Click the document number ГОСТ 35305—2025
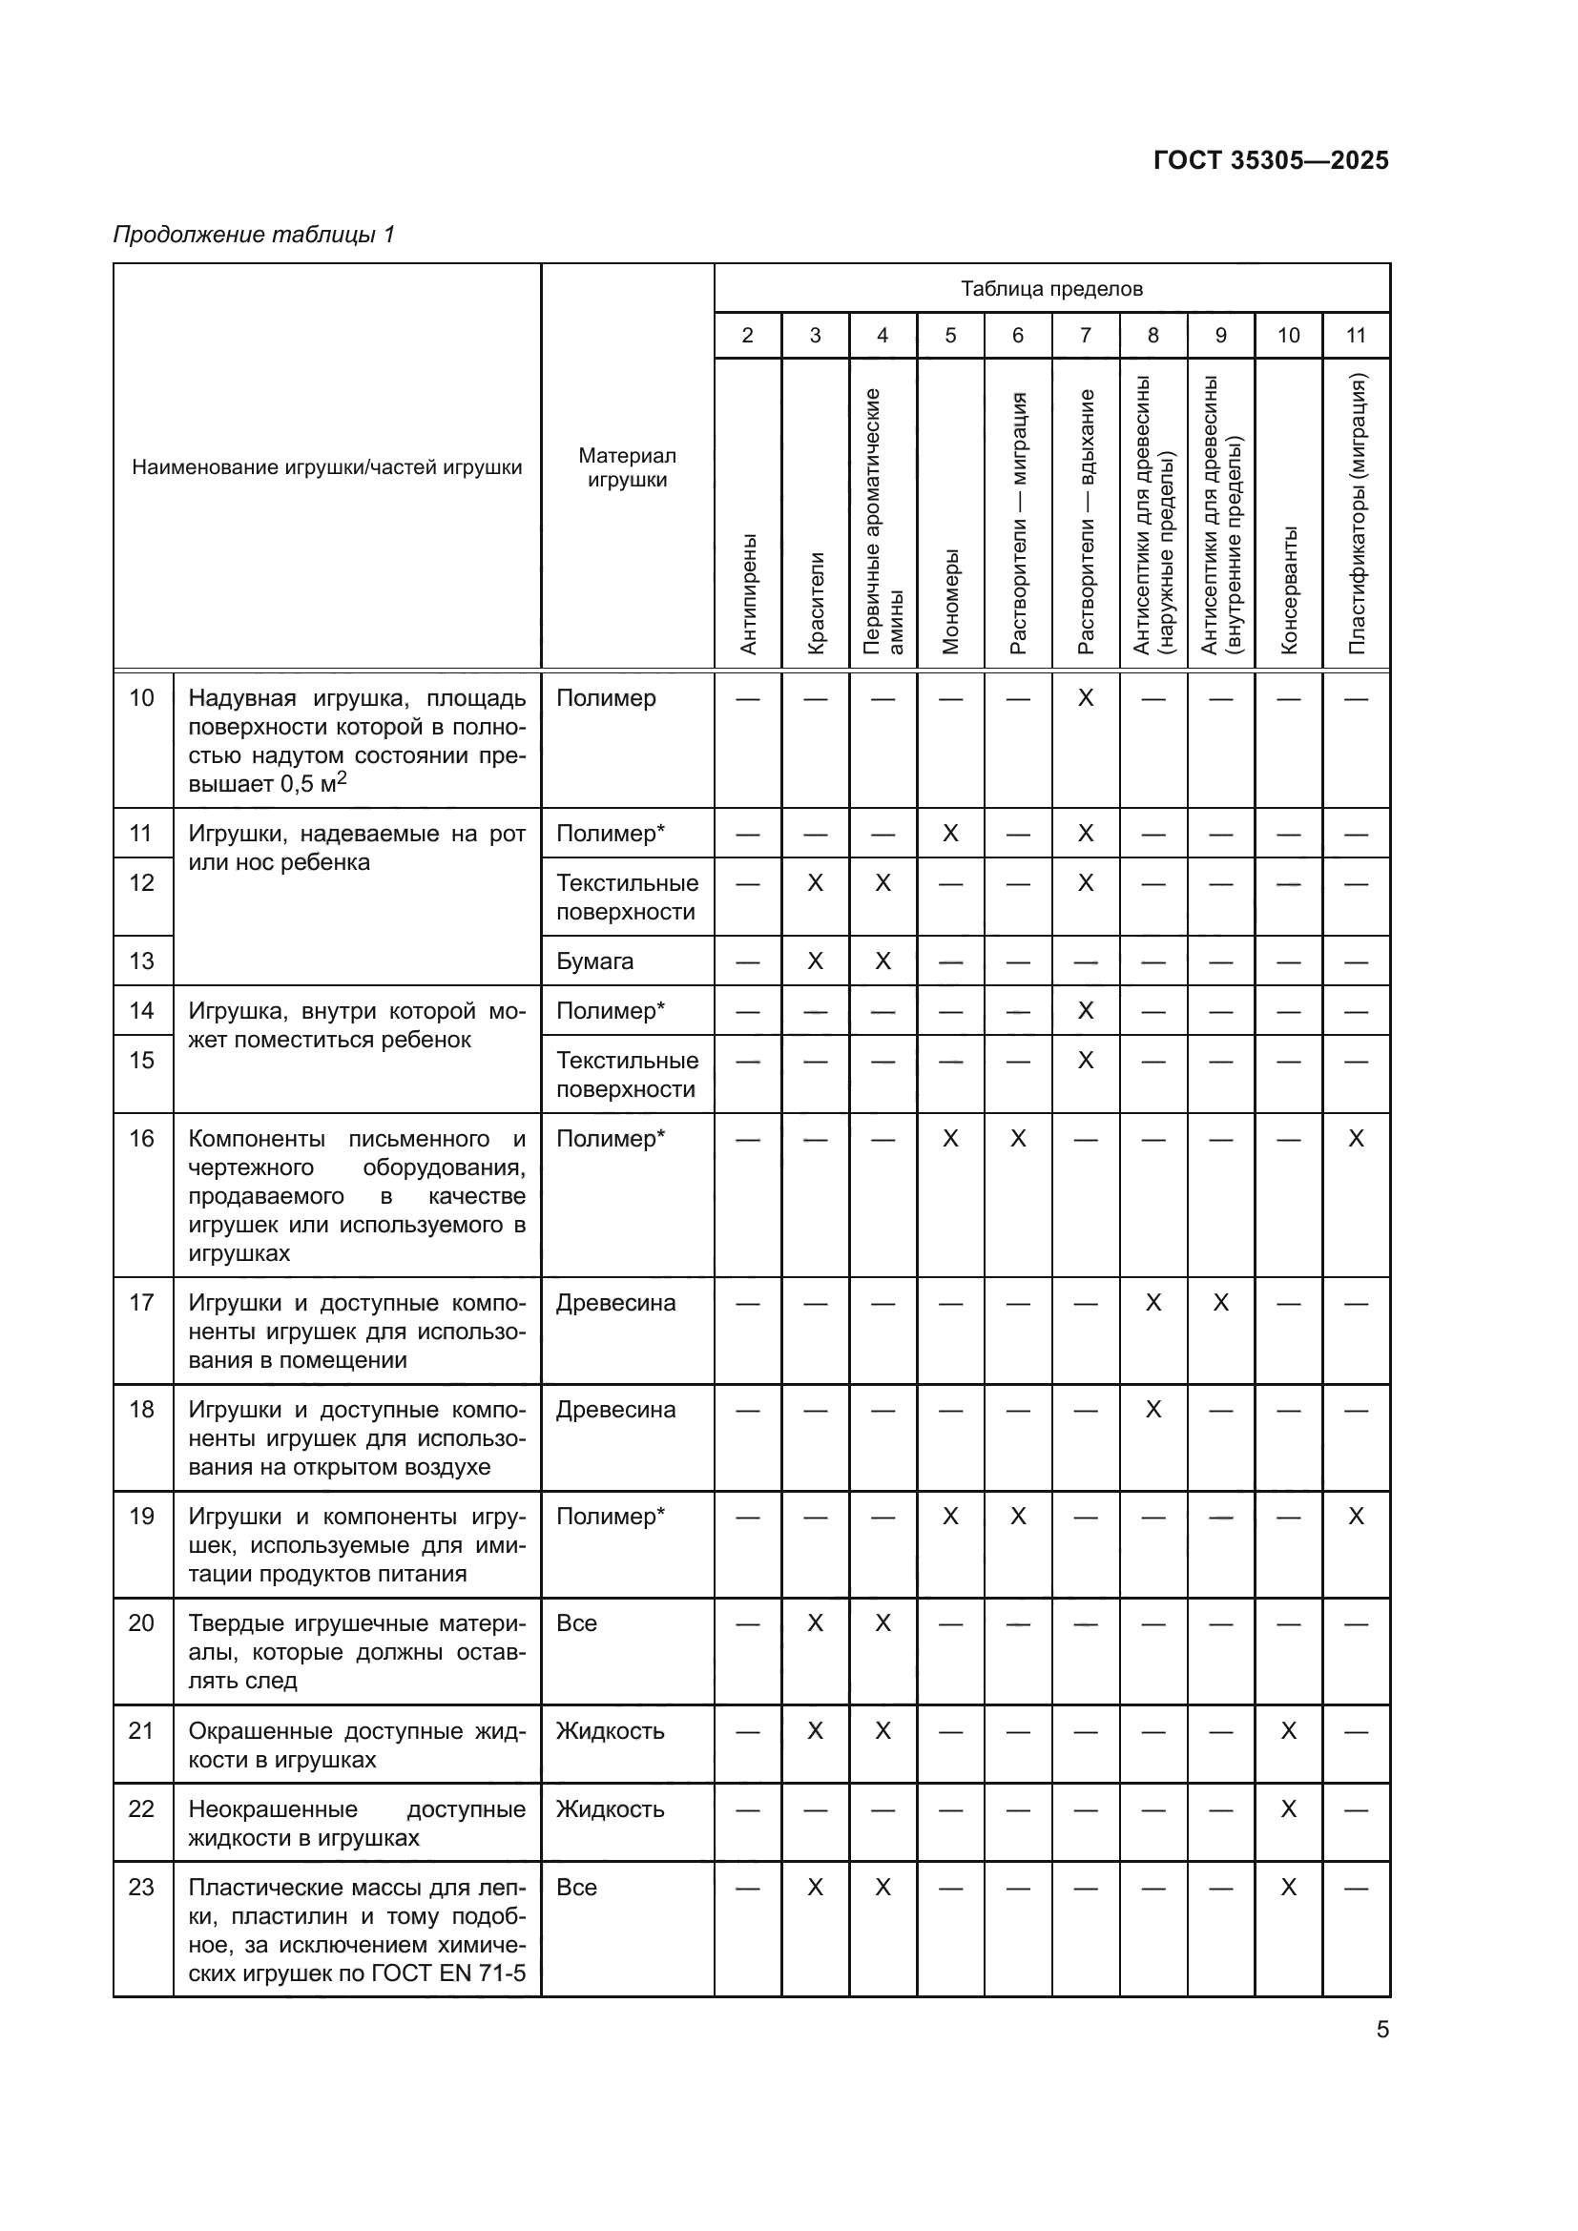pyautogui.click(x=1270, y=160)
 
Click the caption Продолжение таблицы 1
pyautogui.click(x=254, y=235)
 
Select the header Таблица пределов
pyautogui.click(x=1051, y=289)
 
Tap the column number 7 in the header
pyautogui.click(x=1086, y=335)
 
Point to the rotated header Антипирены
pyautogui.click(x=747, y=592)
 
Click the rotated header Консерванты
pyautogui.click(x=1288, y=589)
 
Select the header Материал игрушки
pyautogui.click(x=627, y=467)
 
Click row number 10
pyautogui.click(x=142, y=697)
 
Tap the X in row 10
pyautogui.click(x=1086, y=697)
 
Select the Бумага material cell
pyautogui.click(x=594, y=961)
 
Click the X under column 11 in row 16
pyautogui.click(x=1357, y=1138)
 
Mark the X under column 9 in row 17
pyautogui.click(x=1220, y=1302)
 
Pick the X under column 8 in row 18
pyautogui.click(x=1153, y=1409)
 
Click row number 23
pyautogui.click(x=142, y=1887)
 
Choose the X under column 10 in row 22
pyautogui.click(x=1288, y=1808)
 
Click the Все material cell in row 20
pyautogui.click(x=576, y=1622)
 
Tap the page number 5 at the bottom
pyautogui.click(x=1381, y=2029)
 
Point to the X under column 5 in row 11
pyautogui.click(x=950, y=833)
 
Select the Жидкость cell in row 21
pyautogui.click(x=610, y=1730)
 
